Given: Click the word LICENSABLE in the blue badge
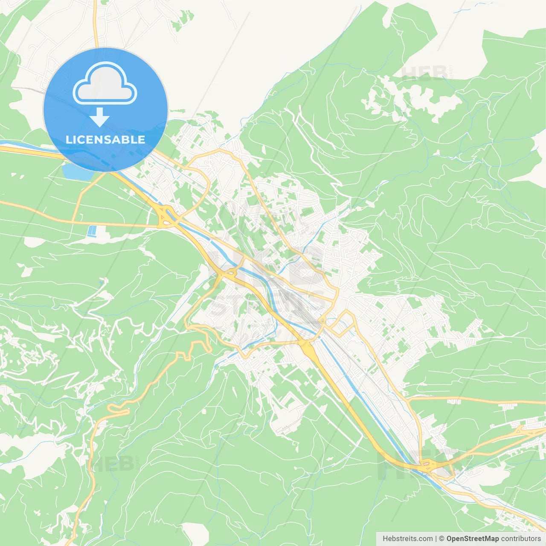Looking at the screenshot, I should tap(105, 139).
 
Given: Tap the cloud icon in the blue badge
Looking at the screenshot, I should tap(105, 84).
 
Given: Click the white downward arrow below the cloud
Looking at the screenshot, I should tap(99, 117).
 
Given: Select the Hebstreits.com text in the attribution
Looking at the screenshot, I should tap(407, 539).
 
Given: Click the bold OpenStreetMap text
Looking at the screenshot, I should tap(472, 539).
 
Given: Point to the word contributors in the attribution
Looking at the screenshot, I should tap(521, 539).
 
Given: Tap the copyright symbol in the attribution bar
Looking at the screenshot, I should tap(441, 539).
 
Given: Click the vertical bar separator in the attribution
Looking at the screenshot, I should tap(436, 539).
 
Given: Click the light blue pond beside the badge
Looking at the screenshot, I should tap(77, 171).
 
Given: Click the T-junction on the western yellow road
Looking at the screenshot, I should tap(73, 222).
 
